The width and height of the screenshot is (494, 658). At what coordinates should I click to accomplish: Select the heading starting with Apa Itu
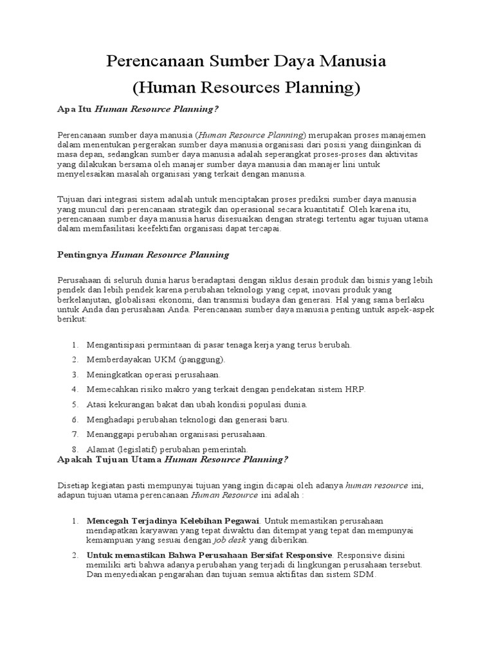click(x=138, y=109)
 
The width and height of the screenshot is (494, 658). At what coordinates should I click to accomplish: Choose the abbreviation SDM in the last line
click(x=363, y=575)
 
